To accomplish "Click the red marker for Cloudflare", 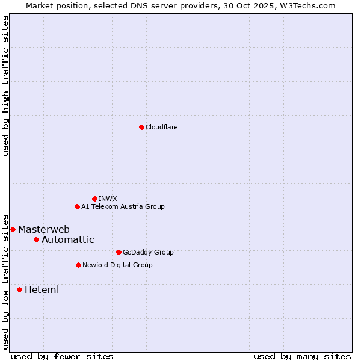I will coord(141,127).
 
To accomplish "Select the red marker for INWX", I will coord(94,199).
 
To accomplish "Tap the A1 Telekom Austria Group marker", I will coord(77,206).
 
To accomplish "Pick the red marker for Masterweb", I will coord(13,229).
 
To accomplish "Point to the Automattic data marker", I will coord(36,239).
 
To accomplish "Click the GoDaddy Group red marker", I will coord(119,252).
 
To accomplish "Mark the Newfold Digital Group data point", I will coord(78,265).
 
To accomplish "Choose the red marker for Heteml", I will coord(19,289).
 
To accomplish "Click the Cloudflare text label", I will coord(162,127).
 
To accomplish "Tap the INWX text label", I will coord(108,199).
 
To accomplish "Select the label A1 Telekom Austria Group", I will coord(123,206).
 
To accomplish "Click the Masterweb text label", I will coord(44,229).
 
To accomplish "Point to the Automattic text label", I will coord(68,239).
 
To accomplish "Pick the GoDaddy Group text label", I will coord(148,252).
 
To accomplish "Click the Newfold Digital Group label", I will coord(117,265).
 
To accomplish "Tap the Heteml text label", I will coord(42,289).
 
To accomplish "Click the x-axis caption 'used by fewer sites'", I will coord(62,356).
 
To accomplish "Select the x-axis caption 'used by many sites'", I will coord(302,356).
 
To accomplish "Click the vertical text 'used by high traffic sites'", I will coord(5,85).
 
